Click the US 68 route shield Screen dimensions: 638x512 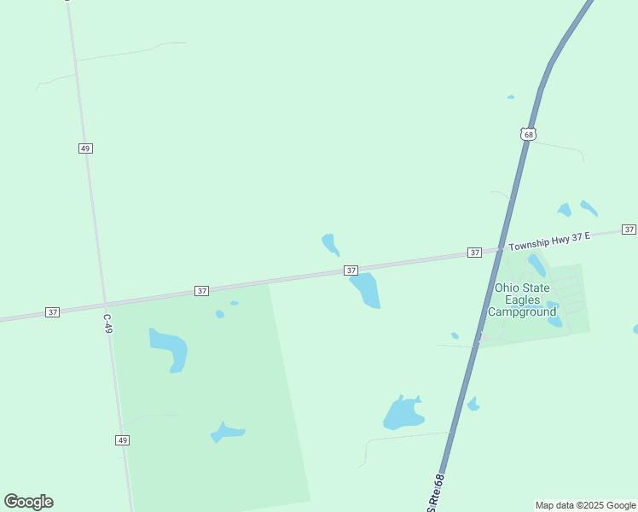click(528, 134)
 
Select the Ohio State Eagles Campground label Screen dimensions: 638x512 click(521, 300)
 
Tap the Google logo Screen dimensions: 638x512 click(29, 502)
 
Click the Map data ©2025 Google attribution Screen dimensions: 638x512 click(586, 505)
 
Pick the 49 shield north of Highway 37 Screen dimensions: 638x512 click(84, 148)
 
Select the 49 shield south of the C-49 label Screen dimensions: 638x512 click(123, 439)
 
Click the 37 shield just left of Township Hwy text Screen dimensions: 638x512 click(475, 253)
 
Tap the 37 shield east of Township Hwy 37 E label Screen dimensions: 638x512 click(629, 230)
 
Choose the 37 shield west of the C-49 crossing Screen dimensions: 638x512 click(53, 312)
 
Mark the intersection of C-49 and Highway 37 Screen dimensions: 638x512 click(105, 304)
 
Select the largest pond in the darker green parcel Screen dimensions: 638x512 click(169, 348)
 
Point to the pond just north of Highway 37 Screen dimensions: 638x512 click(330, 244)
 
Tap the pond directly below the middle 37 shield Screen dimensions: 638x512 click(366, 289)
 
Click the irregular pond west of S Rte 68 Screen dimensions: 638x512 click(403, 414)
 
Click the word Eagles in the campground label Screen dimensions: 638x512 click(521, 300)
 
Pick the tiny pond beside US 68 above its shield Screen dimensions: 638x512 click(511, 97)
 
